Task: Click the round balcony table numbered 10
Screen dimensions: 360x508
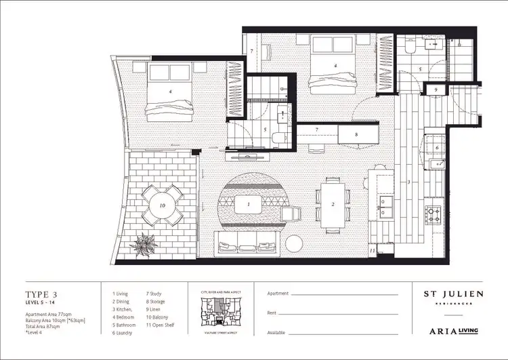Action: pyautogui.click(x=162, y=204)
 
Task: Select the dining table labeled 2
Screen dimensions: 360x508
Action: pyautogui.click(x=332, y=203)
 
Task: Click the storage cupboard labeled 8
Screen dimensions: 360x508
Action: pyautogui.click(x=358, y=135)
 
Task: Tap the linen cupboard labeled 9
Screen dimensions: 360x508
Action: pyautogui.click(x=436, y=89)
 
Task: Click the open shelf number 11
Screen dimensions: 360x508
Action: pyautogui.click(x=373, y=251)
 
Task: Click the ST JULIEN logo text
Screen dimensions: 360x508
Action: pyautogui.click(x=453, y=294)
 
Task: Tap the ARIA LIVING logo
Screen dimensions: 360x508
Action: pyautogui.click(x=453, y=331)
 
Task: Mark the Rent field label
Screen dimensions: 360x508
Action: pyautogui.click(x=273, y=313)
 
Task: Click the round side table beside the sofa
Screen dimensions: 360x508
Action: pyautogui.click(x=295, y=242)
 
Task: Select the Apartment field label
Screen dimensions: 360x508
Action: pyautogui.click(x=278, y=294)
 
